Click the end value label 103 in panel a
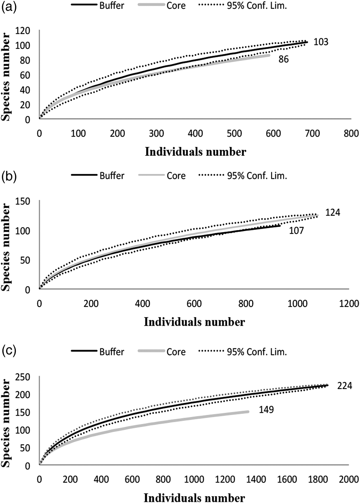coord(321,42)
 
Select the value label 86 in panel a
coord(284,59)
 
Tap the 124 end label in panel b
coord(333,213)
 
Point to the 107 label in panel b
coord(296,231)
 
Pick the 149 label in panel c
coord(266,409)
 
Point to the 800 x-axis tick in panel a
coord(351,133)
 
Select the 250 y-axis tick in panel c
coord(23,378)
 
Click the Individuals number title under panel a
coord(195,152)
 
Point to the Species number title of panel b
coord(6,247)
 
